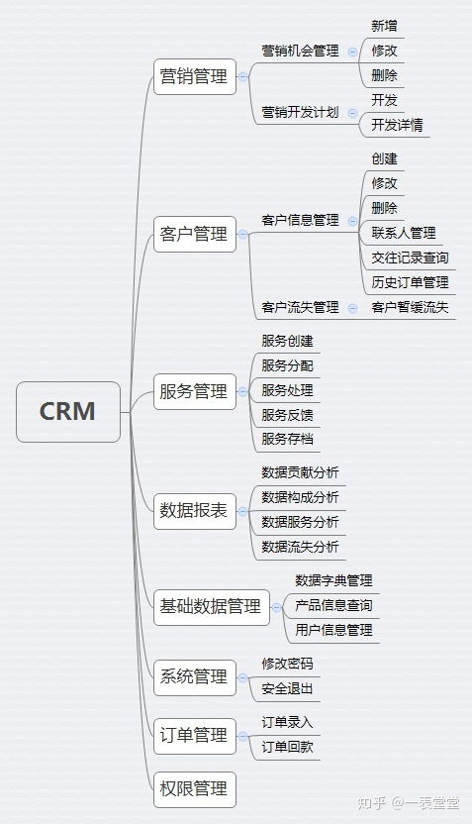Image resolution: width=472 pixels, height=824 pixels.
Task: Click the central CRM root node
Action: (x=67, y=411)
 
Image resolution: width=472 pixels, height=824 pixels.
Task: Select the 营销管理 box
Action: (x=194, y=76)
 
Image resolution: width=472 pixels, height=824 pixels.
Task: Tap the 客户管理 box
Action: (x=194, y=235)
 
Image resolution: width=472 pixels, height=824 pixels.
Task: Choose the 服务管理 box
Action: (x=194, y=392)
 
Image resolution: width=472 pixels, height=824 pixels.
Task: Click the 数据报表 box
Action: (x=194, y=511)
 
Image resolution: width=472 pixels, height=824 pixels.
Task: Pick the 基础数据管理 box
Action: (x=211, y=606)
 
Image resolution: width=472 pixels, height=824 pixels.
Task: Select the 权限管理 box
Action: (x=194, y=788)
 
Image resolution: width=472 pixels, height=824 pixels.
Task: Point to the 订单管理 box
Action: (x=194, y=736)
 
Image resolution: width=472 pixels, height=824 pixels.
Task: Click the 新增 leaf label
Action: (x=384, y=26)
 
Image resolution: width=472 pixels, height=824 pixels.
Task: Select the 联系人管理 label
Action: (x=403, y=233)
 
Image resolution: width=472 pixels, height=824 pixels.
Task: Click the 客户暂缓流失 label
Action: (x=410, y=307)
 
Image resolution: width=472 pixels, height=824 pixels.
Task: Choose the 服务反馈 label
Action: (x=287, y=415)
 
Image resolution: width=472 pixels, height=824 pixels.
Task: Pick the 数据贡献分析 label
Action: (x=300, y=472)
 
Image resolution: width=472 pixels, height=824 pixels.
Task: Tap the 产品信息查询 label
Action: (x=333, y=605)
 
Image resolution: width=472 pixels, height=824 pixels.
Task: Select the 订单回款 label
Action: (x=287, y=747)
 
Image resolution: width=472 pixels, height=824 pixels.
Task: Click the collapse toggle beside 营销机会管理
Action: (x=352, y=50)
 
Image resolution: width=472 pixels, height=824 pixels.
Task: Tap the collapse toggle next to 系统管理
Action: (x=244, y=677)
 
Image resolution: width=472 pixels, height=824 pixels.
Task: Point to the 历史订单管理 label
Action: (x=410, y=282)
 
